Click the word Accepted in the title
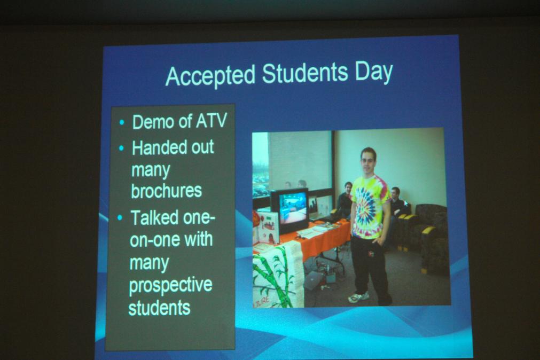[210, 75]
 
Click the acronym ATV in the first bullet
[212, 121]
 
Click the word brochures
[166, 191]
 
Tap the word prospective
[170, 286]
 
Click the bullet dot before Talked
[120, 218]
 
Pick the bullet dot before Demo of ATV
[122, 122]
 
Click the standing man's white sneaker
[358, 298]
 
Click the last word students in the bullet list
[159, 308]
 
